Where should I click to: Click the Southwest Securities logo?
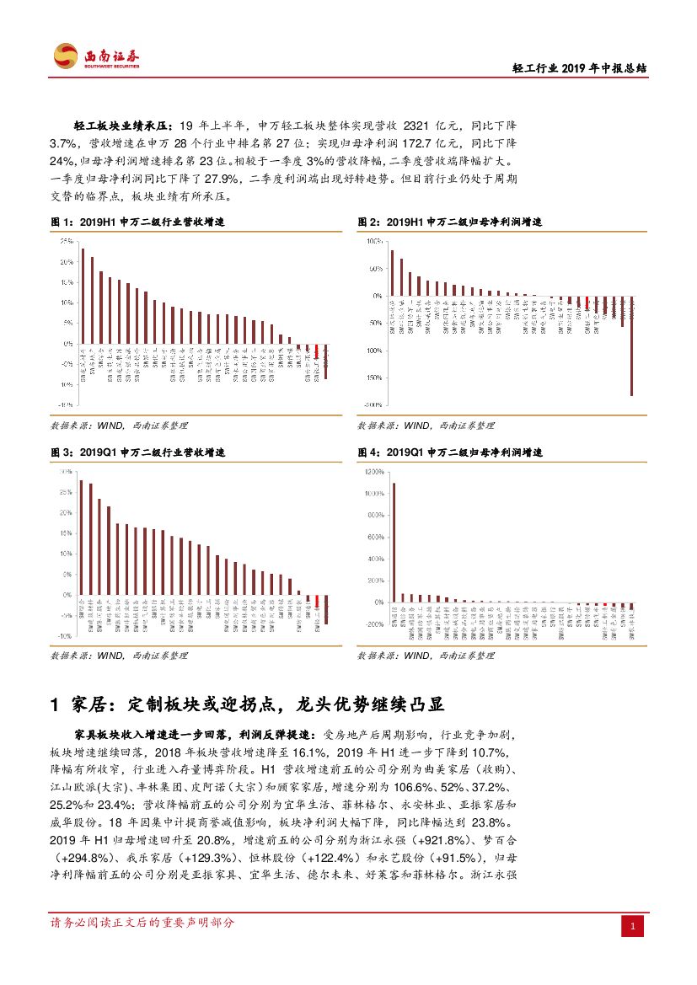[x=97, y=57]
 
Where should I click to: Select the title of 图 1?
[x=138, y=222]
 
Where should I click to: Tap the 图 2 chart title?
[x=450, y=222]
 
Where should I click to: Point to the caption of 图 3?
[x=138, y=452]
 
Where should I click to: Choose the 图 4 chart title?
[x=450, y=452]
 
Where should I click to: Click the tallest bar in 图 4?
[x=393, y=543]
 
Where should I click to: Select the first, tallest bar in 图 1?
[x=83, y=296]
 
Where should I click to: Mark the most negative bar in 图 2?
[x=631, y=345]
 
